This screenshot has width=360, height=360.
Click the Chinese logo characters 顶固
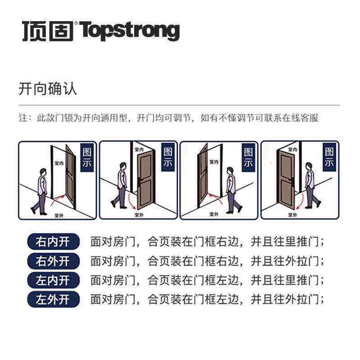click(x=48, y=31)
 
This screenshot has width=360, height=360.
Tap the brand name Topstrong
click(x=130, y=30)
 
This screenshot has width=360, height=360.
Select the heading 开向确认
click(x=47, y=88)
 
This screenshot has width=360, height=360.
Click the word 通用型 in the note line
click(x=116, y=118)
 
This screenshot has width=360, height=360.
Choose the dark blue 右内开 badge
click(x=53, y=242)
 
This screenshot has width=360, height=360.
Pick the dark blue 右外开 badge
click(x=53, y=261)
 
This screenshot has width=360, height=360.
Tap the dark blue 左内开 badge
click(x=53, y=280)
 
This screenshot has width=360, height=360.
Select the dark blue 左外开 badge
click(x=53, y=299)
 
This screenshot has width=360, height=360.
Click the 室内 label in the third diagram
click(x=214, y=161)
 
